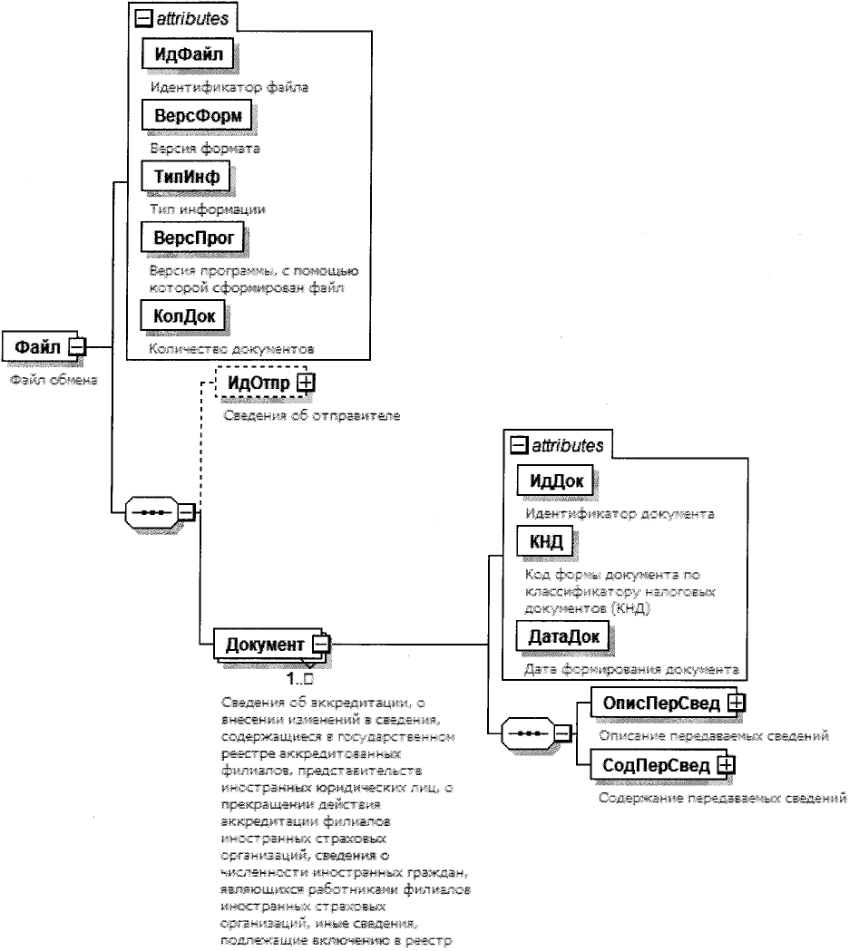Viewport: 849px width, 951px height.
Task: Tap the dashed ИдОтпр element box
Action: [x=258, y=383]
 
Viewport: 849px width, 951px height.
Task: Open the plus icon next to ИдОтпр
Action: [x=305, y=383]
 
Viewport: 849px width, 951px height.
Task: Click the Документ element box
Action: [x=265, y=645]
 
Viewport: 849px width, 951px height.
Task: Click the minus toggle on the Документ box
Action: [x=321, y=645]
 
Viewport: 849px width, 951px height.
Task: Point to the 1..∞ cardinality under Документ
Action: [x=298, y=678]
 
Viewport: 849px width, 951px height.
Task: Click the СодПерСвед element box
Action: [x=653, y=766]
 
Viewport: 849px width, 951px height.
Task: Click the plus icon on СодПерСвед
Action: [x=726, y=766]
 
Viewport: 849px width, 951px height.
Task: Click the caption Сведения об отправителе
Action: [x=311, y=416]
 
